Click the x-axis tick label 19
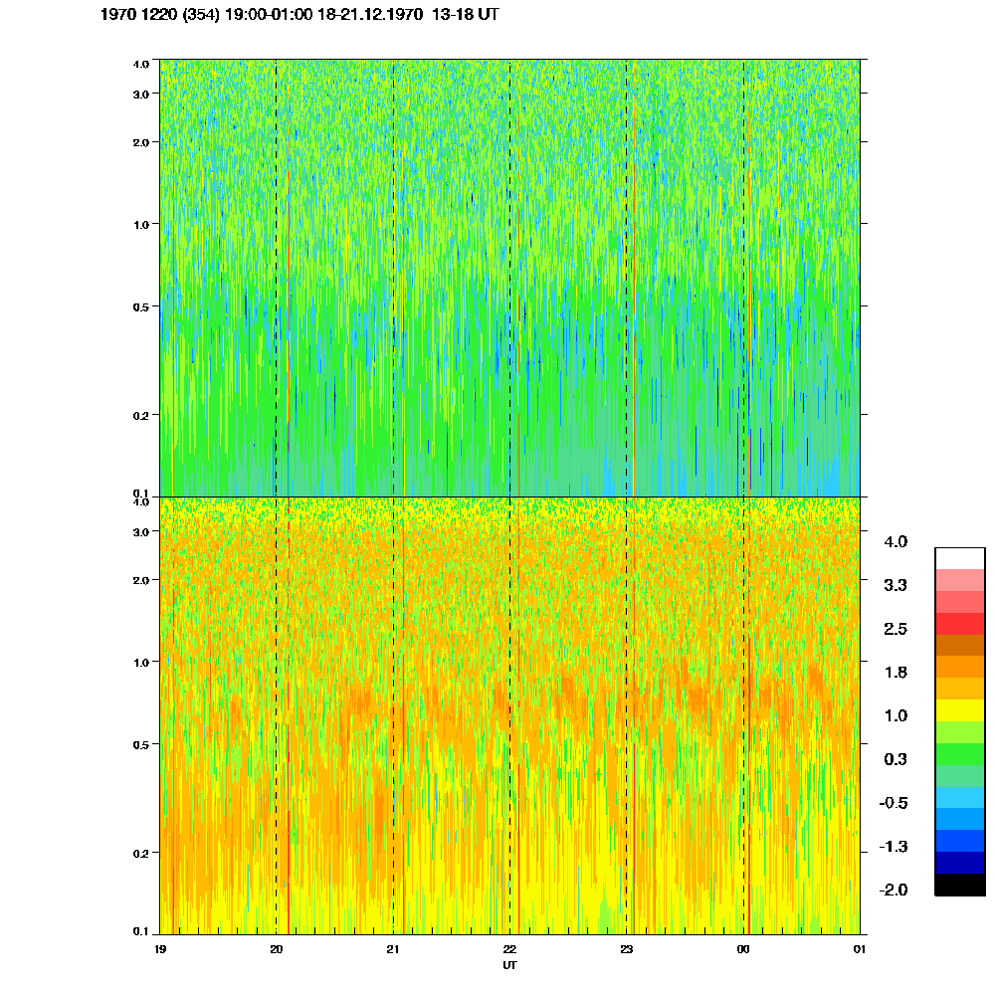point(161,950)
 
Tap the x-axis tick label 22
point(509,950)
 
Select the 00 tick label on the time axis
point(743,950)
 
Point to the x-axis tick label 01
point(860,950)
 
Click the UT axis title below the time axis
point(509,965)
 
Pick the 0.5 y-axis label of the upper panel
point(140,306)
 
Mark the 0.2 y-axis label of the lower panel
point(140,853)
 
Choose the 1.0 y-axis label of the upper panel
point(140,224)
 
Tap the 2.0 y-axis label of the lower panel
point(140,579)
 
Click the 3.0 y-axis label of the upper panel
point(140,94)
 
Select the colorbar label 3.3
point(895,585)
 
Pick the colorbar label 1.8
point(895,673)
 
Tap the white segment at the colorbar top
point(959,558)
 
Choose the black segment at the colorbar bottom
point(959,885)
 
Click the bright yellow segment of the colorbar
point(959,710)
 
